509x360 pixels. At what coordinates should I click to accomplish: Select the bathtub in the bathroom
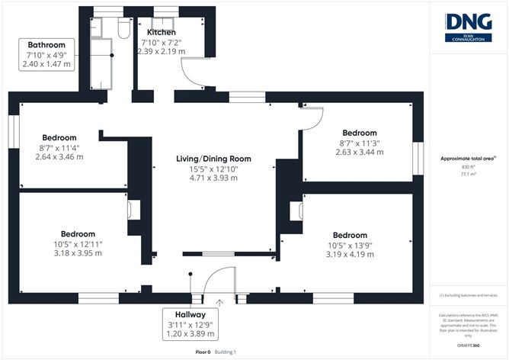tap(100, 60)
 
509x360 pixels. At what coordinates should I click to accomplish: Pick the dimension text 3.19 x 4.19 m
tap(350, 254)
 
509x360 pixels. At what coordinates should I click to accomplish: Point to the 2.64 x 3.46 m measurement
tap(59, 156)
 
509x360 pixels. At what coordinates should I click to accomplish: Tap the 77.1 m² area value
tap(468, 174)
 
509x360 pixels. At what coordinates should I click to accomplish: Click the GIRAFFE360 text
tap(468, 346)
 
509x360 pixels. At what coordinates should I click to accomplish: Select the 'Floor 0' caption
tap(203, 352)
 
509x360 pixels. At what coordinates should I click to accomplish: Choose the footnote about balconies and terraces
tap(468, 294)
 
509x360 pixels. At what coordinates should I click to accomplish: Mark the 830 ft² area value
tap(468, 167)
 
